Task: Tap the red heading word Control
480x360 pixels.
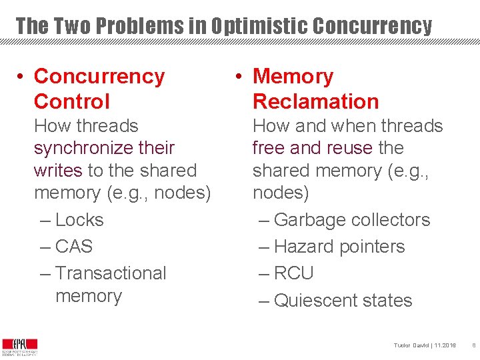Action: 71,101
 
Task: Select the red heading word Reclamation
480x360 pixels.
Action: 315,101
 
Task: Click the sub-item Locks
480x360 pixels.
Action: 79,220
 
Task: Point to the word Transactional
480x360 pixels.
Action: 111,273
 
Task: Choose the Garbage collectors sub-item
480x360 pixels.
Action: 351,220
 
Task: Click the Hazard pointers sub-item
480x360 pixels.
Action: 339,247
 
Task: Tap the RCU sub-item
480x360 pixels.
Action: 293,273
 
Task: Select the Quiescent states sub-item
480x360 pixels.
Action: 343,301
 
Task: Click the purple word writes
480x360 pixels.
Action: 58,171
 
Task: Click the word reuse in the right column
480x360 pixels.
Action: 349,148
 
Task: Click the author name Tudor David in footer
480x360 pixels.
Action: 411,345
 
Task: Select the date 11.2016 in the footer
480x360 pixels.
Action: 445,345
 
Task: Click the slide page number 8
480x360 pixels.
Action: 473,345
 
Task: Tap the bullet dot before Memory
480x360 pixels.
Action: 238,77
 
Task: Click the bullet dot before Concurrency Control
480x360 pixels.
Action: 22,77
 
